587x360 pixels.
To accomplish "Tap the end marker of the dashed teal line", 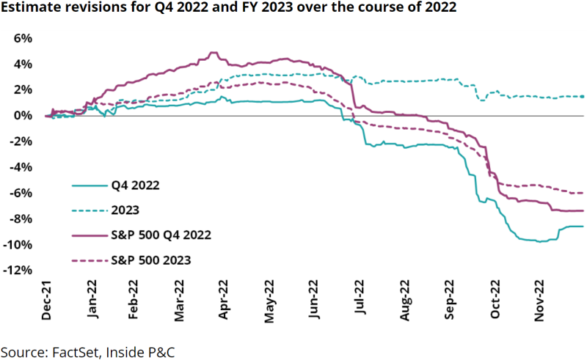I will pyautogui.click(x=583, y=96).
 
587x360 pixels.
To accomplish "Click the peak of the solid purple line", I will pyautogui.click(x=214, y=52).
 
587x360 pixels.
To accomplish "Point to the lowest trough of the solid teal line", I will pyautogui.click(x=539, y=241).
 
